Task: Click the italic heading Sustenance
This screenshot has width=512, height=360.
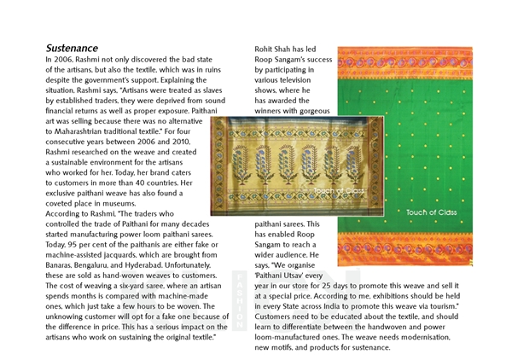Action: (x=72, y=48)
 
